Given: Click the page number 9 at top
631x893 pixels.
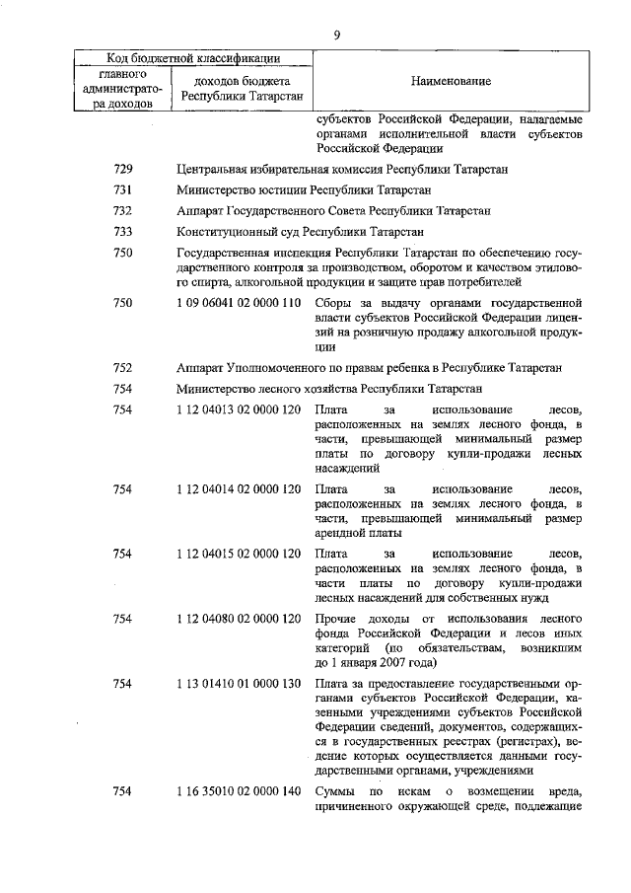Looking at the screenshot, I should tap(336, 36).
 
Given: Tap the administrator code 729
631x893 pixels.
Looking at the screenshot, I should tap(123, 170).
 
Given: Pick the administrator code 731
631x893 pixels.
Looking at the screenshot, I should tap(123, 190).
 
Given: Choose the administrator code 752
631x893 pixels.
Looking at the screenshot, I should tap(123, 368).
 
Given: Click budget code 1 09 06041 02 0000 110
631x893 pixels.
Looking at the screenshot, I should tap(238, 303).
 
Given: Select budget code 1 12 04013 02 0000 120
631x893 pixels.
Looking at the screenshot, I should tap(238, 409).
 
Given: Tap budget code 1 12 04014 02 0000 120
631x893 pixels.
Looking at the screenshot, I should tap(238, 489).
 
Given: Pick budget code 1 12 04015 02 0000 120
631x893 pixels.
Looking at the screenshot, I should tap(238, 555).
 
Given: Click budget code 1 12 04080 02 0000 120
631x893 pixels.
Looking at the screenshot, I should tap(238, 619).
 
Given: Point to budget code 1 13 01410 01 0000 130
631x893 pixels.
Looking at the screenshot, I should tap(238, 683).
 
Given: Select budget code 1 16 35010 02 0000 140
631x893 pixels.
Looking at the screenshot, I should tap(238, 792).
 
